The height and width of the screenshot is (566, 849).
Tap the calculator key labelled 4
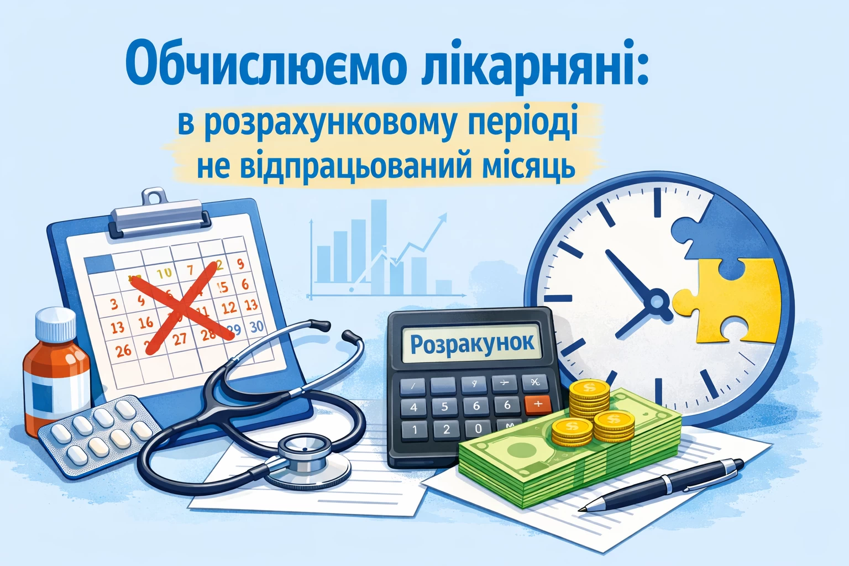point(414,407)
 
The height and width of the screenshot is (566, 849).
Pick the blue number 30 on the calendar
point(256,327)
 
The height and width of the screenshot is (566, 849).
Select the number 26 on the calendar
point(123,350)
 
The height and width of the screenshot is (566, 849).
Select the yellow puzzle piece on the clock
point(729,298)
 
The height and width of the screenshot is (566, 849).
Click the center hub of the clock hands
point(657,301)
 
